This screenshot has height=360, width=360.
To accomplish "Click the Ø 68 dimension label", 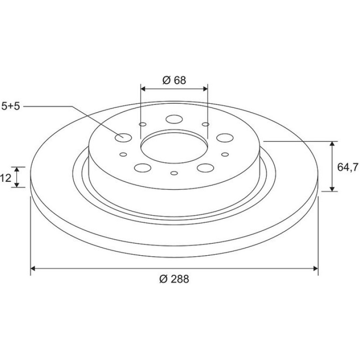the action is [x=174, y=80].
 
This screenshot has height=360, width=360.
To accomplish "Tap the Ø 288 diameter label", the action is [x=174, y=279].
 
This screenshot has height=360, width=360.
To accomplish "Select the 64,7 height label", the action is [x=347, y=167].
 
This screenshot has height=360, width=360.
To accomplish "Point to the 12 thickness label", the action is [x=6, y=178].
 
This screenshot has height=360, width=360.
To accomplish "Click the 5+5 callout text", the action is [x=11, y=106].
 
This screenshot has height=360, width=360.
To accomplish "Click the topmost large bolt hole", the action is [x=174, y=119].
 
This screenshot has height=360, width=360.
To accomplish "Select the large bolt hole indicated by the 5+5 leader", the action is [x=123, y=138].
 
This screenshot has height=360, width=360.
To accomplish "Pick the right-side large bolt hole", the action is [x=225, y=138].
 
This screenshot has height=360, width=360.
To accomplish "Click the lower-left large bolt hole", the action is [x=143, y=168].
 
